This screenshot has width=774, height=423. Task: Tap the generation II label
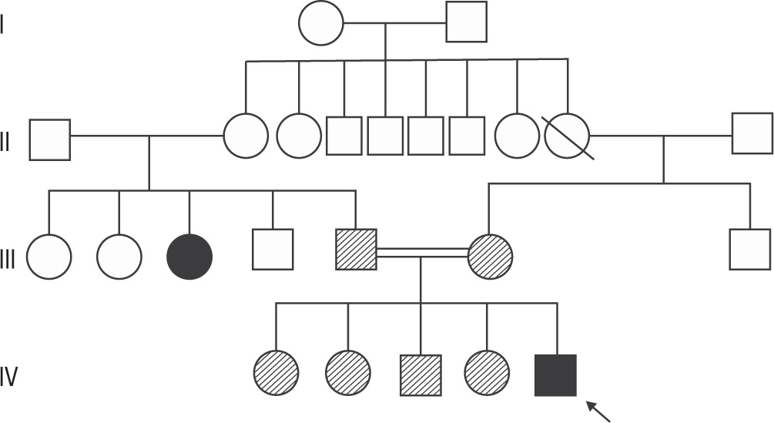tap(5, 141)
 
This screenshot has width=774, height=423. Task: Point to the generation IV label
tap(9, 378)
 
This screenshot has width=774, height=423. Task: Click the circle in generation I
tap(320, 22)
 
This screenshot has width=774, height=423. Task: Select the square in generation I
tap(467, 22)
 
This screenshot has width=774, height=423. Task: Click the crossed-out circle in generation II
tap(567, 136)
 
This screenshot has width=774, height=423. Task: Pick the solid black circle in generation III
tap(189, 257)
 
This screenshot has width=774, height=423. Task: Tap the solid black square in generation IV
tap(555, 375)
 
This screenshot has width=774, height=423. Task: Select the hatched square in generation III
tap(356, 250)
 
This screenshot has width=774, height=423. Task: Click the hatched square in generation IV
tap(421, 375)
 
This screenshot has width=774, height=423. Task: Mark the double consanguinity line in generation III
tap(422, 253)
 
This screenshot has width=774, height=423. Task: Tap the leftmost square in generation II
tap(50, 139)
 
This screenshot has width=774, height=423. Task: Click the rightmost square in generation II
tap(752, 133)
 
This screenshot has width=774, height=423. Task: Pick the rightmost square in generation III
tap(749, 249)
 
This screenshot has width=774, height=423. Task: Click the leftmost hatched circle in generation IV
tap(276, 373)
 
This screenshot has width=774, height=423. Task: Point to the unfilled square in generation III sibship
tap(273, 250)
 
